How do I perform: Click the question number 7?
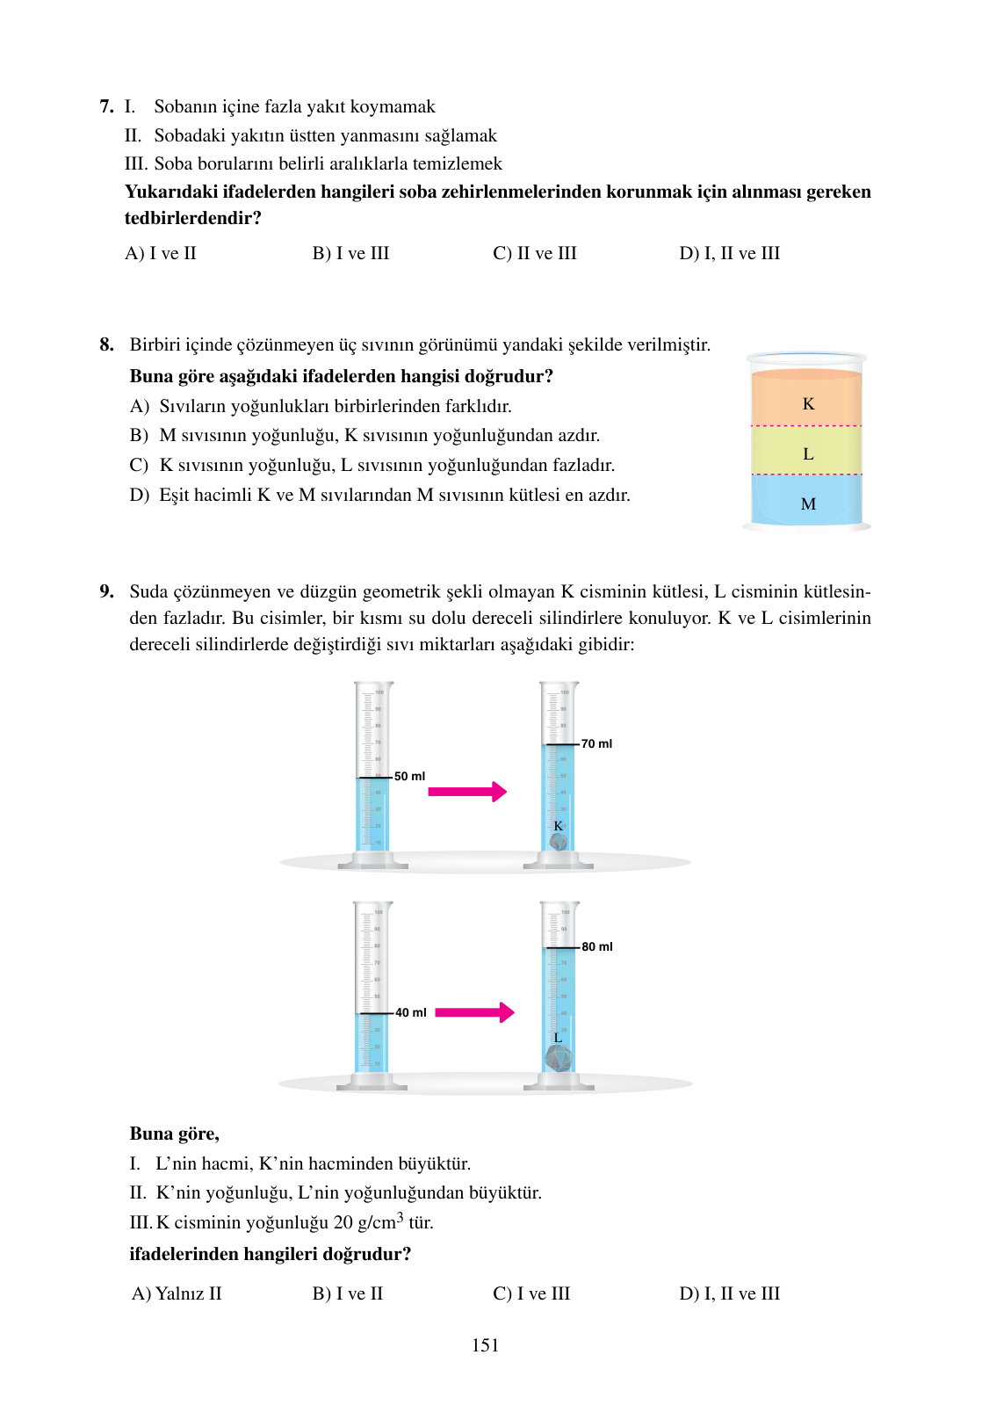[106, 106]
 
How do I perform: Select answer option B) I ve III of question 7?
[350, 253]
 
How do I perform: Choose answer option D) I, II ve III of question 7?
[729, 253]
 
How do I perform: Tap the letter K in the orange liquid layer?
[808, 403]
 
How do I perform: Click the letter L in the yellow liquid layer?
[808, 453]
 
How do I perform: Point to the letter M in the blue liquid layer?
[808, 504]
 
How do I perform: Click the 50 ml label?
[409, 776]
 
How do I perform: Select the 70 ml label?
[596, 743]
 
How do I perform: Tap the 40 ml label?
[410, 1012]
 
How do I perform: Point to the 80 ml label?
[597, 946]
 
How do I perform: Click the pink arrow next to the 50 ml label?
[467, 792]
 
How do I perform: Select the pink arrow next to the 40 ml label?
[474, 1012]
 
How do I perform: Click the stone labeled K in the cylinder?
[558, 842]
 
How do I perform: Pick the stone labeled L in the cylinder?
[559, 1057]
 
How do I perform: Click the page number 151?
[485, 1344]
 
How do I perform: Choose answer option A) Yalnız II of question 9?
[177, 1293]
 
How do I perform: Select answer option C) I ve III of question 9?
[531, 1293]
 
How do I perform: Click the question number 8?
[106, 344]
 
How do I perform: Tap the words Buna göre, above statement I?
[174, 1134]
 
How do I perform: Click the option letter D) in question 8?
[139, 495]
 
